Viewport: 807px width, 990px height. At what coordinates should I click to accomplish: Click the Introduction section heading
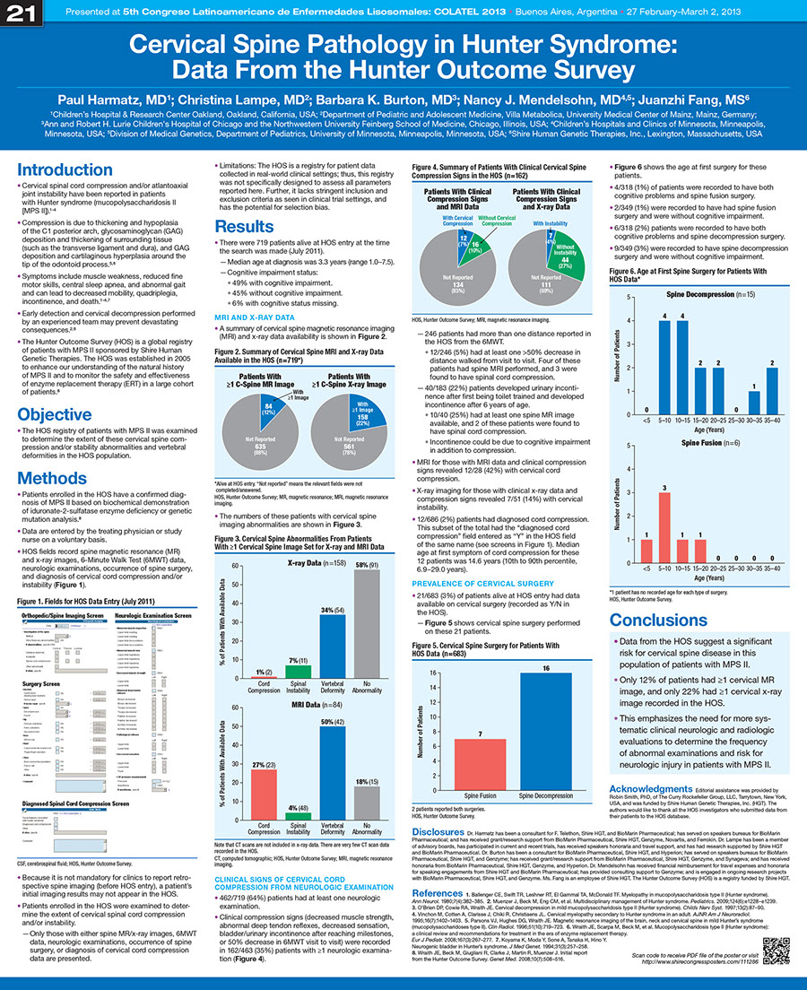click(64, 170)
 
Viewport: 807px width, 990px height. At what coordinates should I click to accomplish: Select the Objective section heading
click(55, 414)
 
